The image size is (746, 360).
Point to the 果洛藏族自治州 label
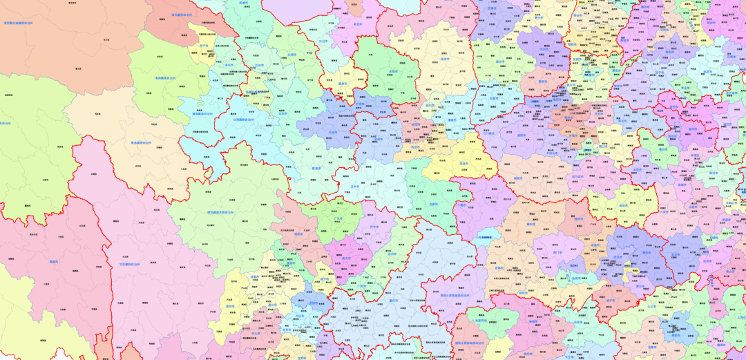pos(147,143)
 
